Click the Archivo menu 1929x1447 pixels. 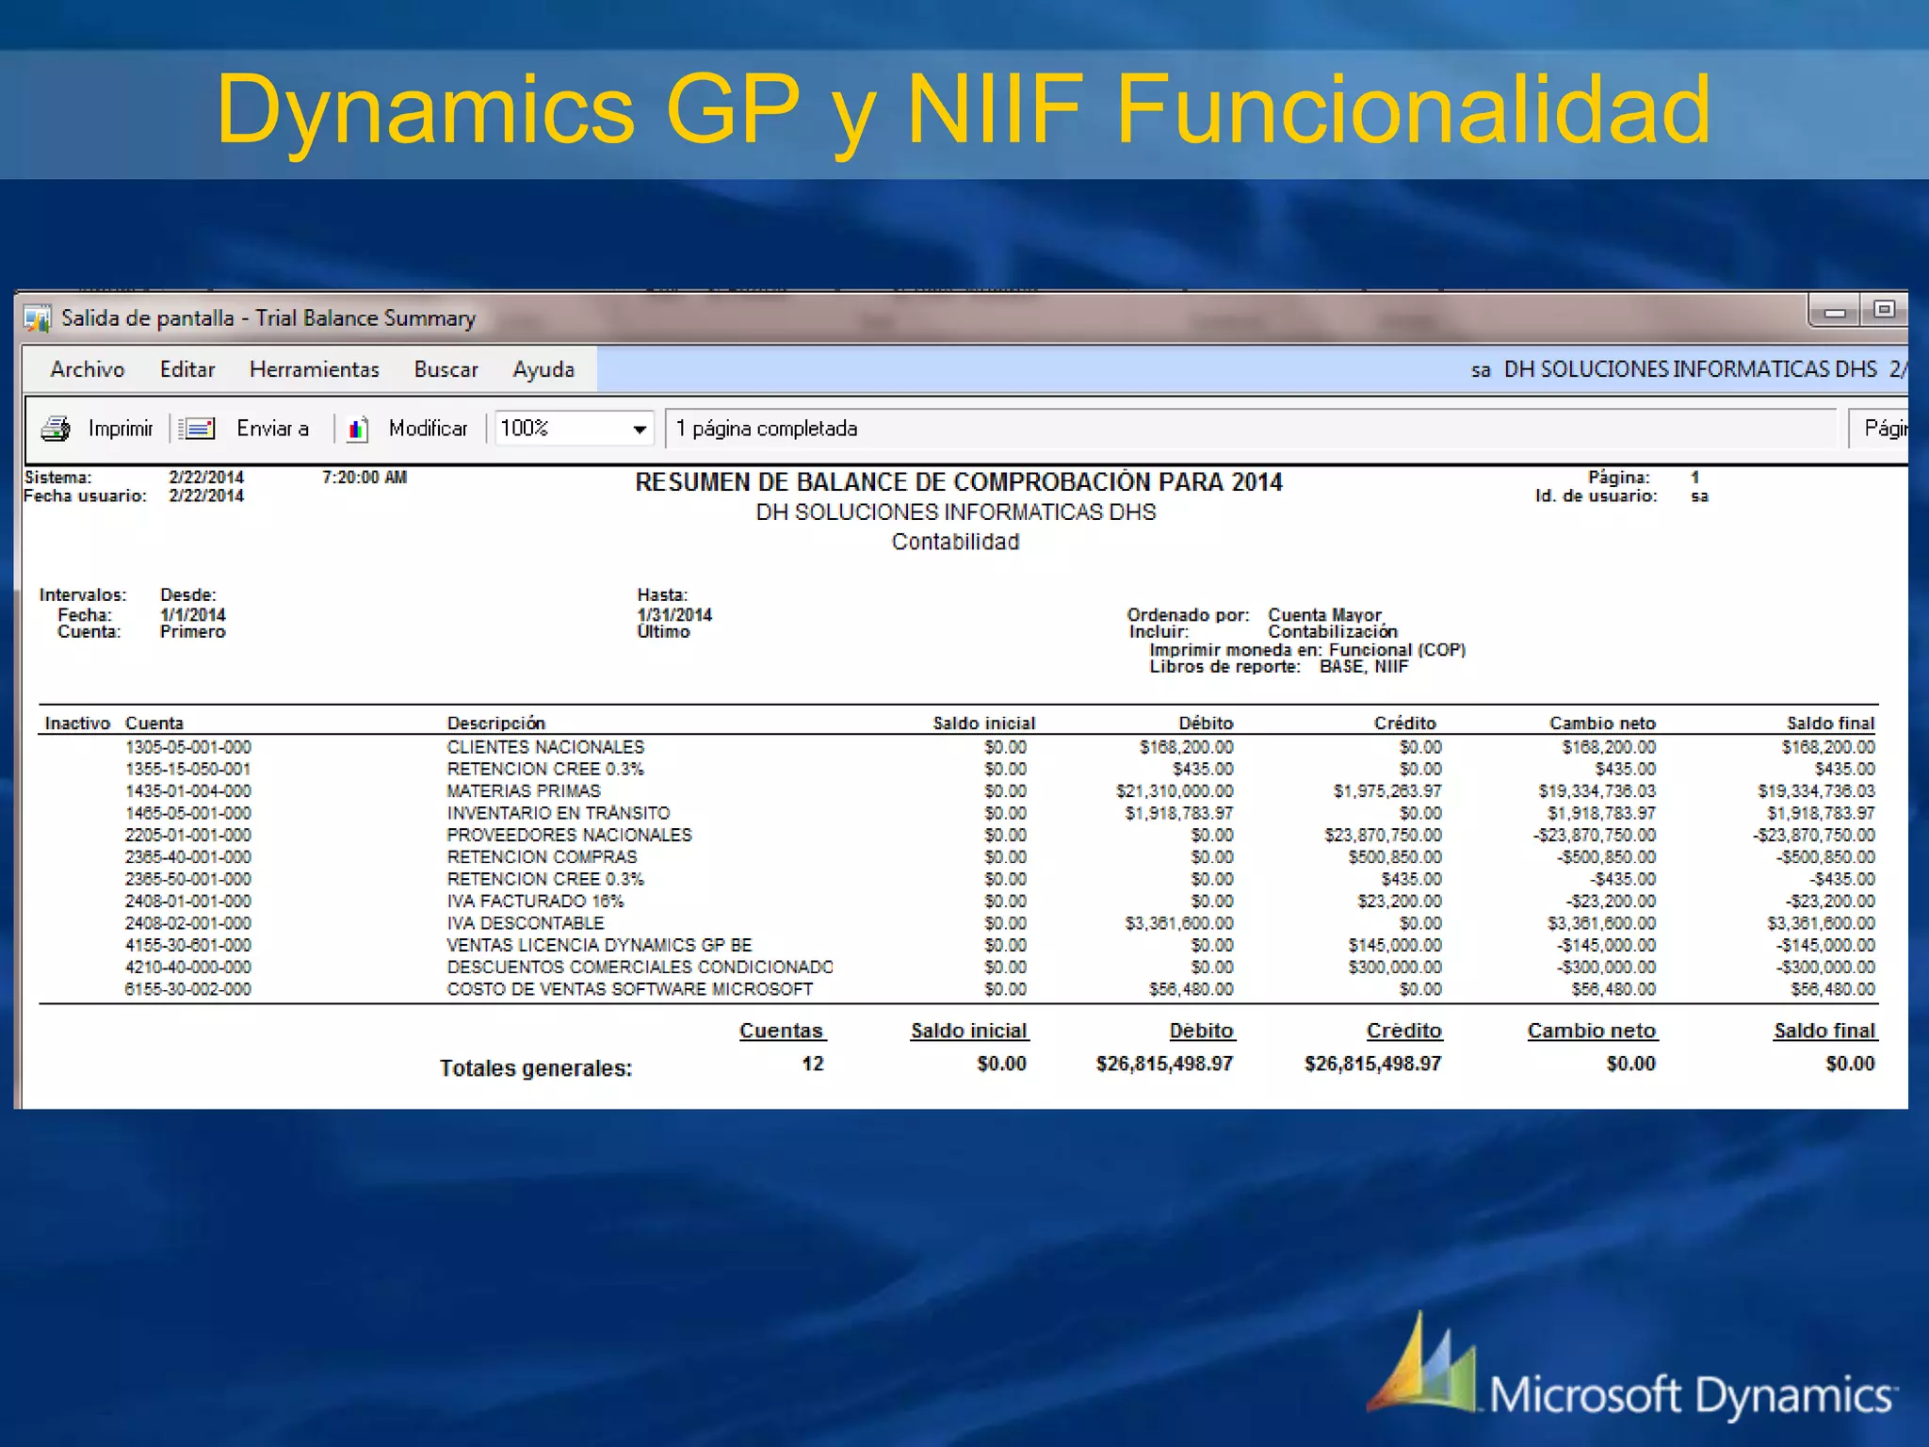coord(88,369)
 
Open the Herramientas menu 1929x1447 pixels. coord(314,369)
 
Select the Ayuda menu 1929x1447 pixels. coord(543,369)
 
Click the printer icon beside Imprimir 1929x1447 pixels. coord(56,429)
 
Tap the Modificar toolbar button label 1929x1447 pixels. coord(428,429)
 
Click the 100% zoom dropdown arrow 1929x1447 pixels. coord(640,430)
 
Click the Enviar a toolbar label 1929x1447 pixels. coord(272,429)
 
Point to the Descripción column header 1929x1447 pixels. coord(495,723)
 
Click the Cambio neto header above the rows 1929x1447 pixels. coord(1602,723)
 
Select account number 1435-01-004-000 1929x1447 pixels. coord(188,791)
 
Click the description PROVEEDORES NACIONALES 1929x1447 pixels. coord(569,835)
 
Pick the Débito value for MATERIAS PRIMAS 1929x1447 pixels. coord(1175,791)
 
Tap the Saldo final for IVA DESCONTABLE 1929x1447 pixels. coord(1821,923)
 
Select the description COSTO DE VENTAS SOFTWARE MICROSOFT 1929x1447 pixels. coord(629,989)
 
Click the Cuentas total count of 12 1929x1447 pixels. coord(812,1064)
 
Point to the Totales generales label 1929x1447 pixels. coord(536,1068)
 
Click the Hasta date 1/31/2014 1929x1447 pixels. coord(674,614)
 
